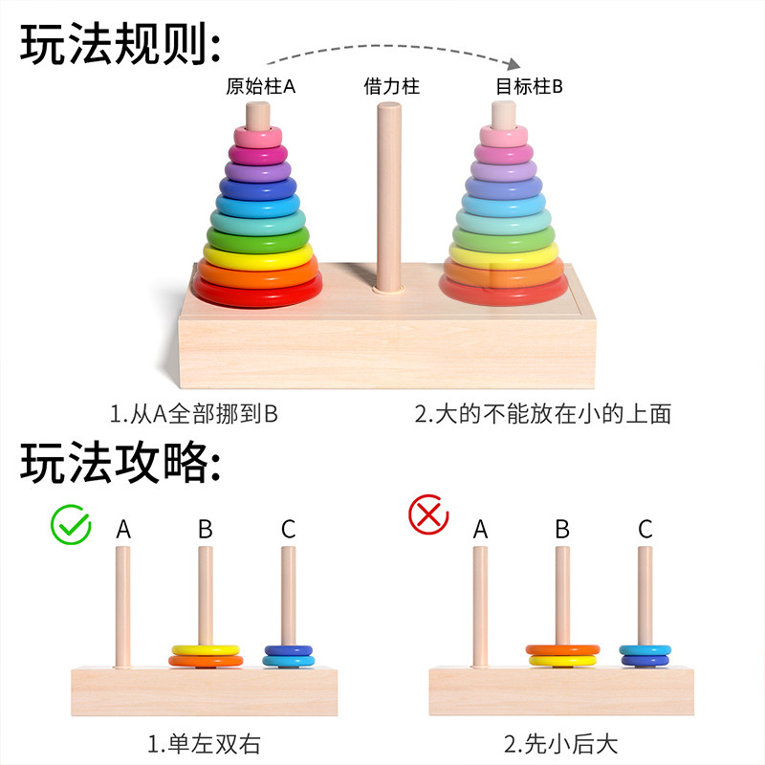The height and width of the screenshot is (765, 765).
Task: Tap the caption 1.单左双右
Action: pos(204,742)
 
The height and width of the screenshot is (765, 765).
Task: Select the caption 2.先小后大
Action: pos(561,742)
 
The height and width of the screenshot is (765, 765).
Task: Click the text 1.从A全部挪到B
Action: pos(193,414)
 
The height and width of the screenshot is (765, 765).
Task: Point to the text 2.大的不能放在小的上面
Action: pos(542,414)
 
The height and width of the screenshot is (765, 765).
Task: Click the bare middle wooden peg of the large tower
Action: pos(388,191)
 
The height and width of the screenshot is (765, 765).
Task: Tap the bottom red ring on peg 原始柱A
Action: pos(257,293)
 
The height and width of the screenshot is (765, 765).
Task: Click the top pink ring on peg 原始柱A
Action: pos(257,136)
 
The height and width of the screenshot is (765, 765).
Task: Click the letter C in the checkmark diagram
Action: pos(288,529)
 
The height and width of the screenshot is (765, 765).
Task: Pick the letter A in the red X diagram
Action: pos(480,529)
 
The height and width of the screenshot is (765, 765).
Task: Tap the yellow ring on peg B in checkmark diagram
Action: pos(206,650)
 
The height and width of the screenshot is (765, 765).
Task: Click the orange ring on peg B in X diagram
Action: pos(562,649)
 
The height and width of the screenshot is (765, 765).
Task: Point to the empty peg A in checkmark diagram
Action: pos(123,602)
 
